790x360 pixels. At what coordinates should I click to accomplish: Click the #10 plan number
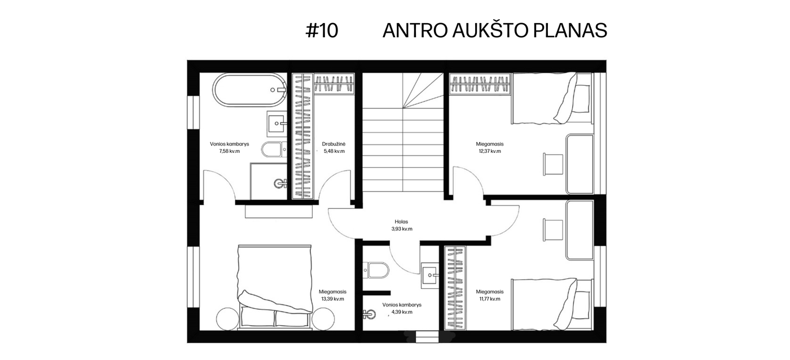322,30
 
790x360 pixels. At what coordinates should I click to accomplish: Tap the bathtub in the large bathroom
249,90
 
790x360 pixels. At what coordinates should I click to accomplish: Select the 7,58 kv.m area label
229,151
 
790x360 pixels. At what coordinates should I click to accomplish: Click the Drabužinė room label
333,144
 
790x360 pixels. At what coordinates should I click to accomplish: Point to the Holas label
401,222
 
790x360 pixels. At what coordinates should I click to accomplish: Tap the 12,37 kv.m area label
490,151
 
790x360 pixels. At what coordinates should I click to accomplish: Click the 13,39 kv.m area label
332,299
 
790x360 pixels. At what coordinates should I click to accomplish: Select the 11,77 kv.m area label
490,299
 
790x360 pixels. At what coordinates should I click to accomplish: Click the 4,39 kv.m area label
402,312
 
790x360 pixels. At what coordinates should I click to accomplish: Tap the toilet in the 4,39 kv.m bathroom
376,270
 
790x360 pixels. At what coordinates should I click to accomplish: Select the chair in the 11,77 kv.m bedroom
552,229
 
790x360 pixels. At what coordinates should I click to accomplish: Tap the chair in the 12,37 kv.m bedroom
552,164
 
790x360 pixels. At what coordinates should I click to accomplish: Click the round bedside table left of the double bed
228,319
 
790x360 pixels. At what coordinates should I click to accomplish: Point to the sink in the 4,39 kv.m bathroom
429,275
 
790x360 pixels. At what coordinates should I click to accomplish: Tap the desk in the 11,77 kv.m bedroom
580,230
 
